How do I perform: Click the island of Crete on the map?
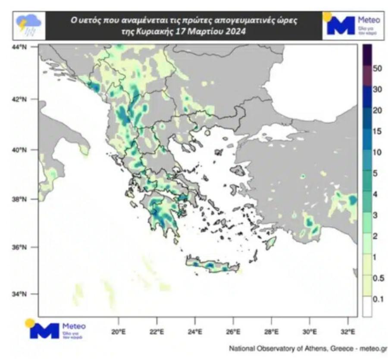[211, 264]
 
